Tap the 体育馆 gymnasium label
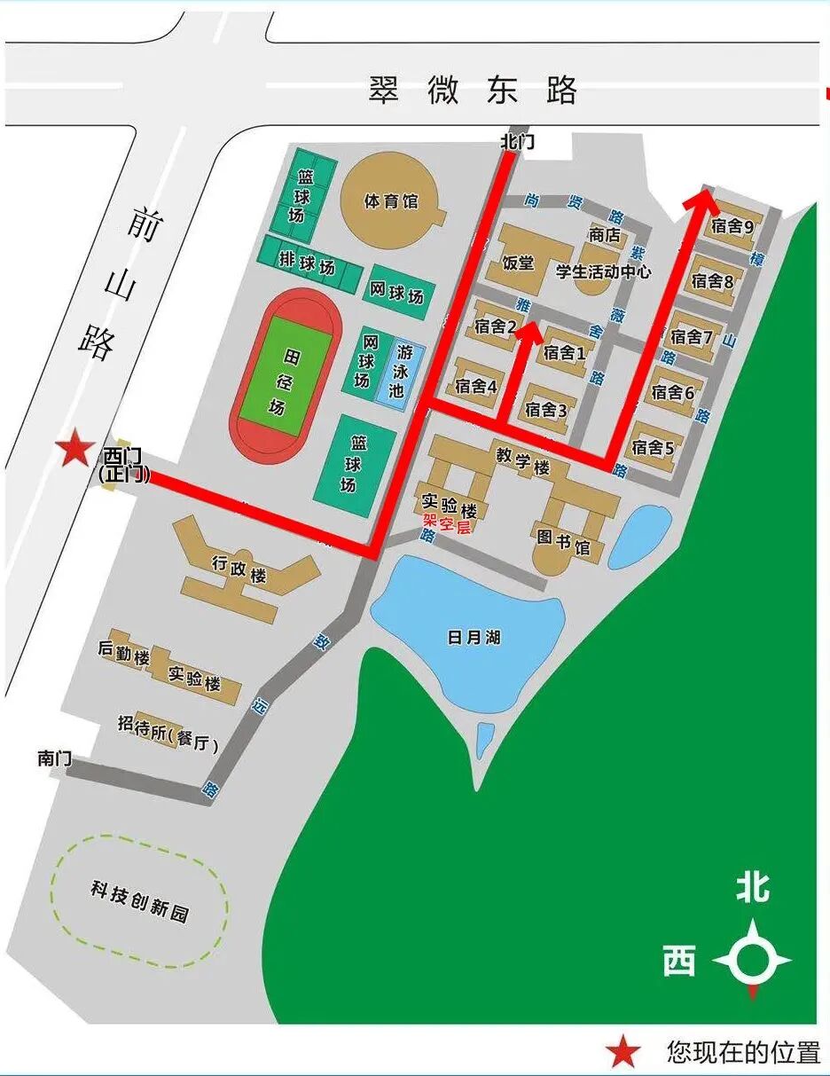pyautogui.click(x=391, y=201)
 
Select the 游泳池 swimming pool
pyautogui.click(x=395, y=371)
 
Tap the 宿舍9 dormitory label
pyautogui.click(x=732, y=227)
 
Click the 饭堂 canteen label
pyautogui.click(x=519, y=263)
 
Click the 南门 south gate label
pyautogui.click(x=54, y=758)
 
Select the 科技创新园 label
pyautogui.click(x=139, y=891)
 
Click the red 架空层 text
pyautogui.click(x=446, y=527)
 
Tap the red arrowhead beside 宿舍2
pyautogui.click(x=529, y=333)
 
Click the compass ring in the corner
pyautogui.click(x=752, y=959)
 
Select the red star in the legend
pyautogui.click(x=624, y=1053)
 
